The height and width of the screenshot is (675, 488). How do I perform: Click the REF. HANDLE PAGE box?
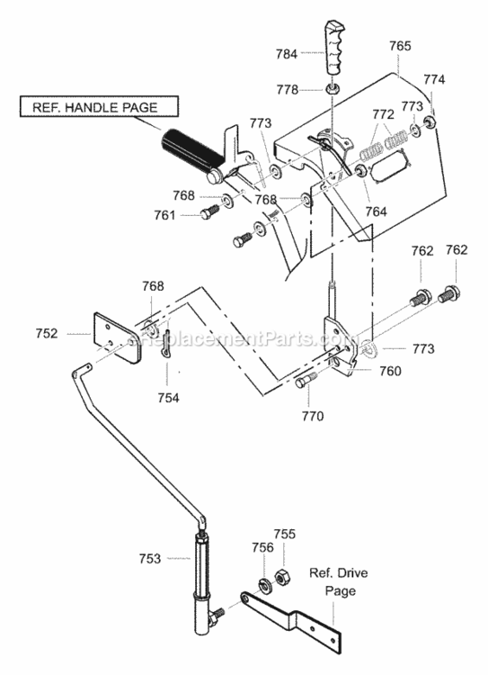[99, 106]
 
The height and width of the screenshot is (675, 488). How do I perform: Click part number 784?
[287, 54]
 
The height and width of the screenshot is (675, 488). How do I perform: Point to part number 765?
[400, 46]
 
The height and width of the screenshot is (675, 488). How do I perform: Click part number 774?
[434, 79]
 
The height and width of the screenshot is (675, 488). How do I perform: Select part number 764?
[377, 211]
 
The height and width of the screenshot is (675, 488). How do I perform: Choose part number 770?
[313, 417]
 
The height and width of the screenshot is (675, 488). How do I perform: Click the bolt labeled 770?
[306, 381]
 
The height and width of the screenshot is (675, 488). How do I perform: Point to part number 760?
[390, 371]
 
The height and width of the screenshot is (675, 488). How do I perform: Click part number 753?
[149, 558]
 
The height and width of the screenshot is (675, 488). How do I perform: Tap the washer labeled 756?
[263, 586]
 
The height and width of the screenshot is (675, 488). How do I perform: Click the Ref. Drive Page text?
[339, 581]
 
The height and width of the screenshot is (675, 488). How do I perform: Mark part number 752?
[47, 334]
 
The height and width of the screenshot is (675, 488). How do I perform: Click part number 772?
[383, 114]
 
